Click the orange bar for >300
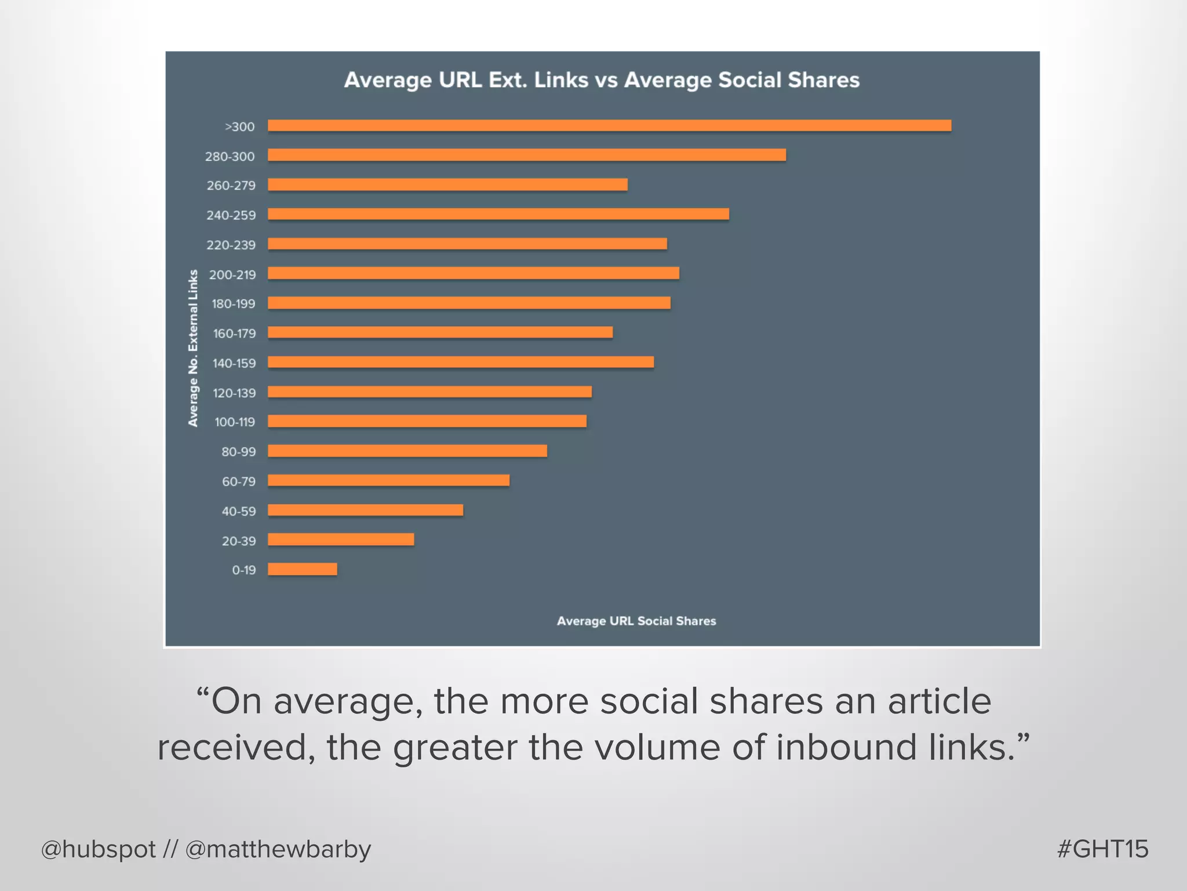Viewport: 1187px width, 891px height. tap(609, 125)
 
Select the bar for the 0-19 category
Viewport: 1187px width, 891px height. tap(302, 569)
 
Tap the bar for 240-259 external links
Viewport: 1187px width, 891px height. tap(498, 214)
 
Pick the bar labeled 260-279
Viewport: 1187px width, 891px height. tap(447, 184)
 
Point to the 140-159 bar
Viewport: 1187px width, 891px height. tap(461, 362)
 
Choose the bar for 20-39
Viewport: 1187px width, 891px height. tap(341, 539)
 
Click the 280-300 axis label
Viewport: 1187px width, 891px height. tap(230, 157)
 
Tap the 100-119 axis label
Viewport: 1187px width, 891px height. tap(234, 422)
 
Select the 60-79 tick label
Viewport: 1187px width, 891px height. tap(238, 481)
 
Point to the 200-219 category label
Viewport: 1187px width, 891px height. tap(232, 275)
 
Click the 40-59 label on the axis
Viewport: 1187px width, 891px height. tap(238, 511)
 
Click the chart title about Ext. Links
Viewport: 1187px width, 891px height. tap(602, 80)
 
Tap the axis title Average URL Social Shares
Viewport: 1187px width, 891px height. tap(636, 621)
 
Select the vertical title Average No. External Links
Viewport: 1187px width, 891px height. tap(193, 348)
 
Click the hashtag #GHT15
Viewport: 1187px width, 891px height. tap(1102, 849)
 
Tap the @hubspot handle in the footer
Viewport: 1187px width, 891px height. tap(99, 850)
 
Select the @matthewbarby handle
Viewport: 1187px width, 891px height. tap(278, 850)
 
